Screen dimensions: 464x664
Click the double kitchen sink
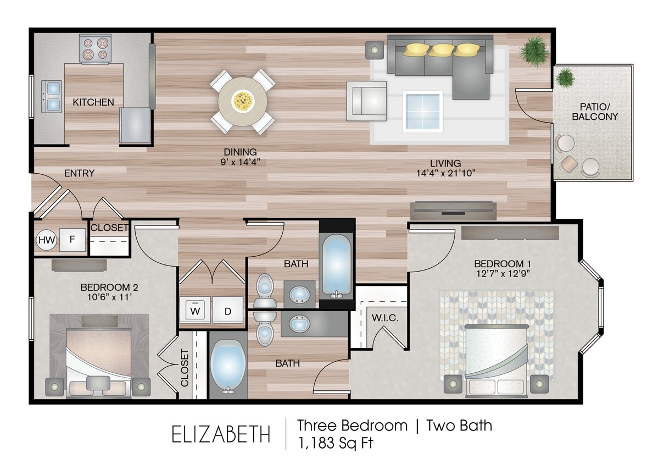[x=52, y=96]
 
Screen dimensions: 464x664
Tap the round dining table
[x=242, y=101]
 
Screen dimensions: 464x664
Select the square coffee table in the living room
[x=422, y=111]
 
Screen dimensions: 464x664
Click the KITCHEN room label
[x=93, y=102]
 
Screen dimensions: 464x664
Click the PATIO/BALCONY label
[x=595, y=112]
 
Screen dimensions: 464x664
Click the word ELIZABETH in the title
[x=221, y=434]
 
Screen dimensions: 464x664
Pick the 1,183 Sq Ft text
[x=335, y=443]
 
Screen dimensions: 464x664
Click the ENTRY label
[x=80, y=173]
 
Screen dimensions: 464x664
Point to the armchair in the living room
[x=366, y=101]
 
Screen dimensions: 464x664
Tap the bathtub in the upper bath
[x=337, y=264]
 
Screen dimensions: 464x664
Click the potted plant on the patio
[x=565, y=78]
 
